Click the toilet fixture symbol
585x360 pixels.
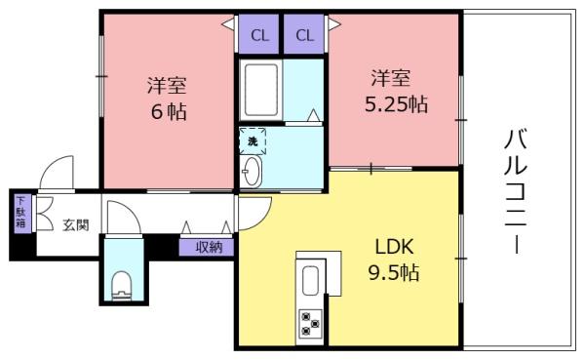point(122,286)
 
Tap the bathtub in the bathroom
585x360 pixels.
point(261,90)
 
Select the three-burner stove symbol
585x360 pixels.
point(310,323)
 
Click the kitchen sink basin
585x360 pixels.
point(310,281)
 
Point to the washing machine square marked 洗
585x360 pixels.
point(253,141)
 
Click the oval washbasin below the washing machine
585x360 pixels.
point(251,172)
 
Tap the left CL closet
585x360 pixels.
point(258,34)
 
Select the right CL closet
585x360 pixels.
point(303,34)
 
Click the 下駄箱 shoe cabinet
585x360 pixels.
point(22,214)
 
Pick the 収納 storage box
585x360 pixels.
point(207,247)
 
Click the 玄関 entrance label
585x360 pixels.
point(76,224)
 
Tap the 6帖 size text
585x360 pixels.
point(169,111)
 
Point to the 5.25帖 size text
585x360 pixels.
point(396,104)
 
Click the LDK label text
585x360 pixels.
point(394,247)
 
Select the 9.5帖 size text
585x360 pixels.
point(394,272)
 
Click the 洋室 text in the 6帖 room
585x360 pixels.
point(167,85)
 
